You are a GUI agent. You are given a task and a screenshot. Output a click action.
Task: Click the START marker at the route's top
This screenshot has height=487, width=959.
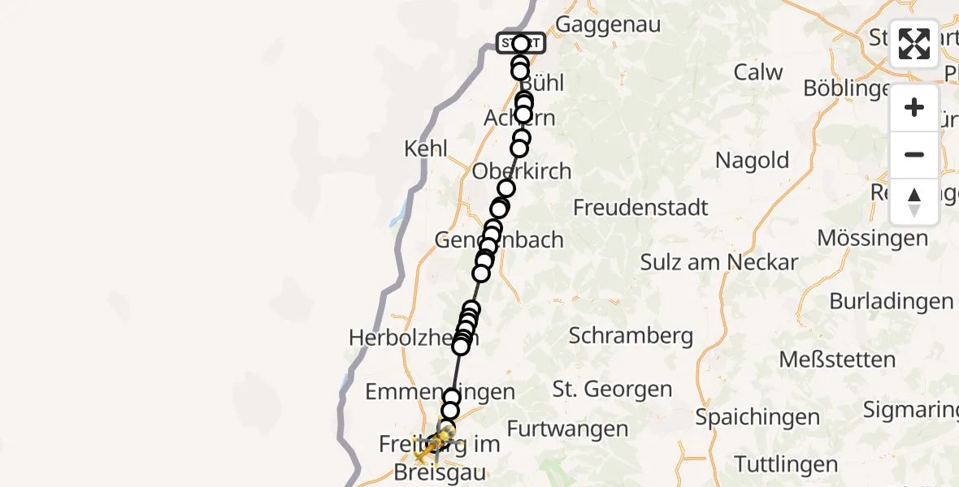click(521, 43)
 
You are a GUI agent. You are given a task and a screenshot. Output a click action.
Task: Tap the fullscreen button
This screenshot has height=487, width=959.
click(914, 44)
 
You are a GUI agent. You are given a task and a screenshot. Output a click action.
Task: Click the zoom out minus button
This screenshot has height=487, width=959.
click(914, 154)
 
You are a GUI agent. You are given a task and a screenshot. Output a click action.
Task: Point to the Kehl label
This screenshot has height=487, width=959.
click(425, 149)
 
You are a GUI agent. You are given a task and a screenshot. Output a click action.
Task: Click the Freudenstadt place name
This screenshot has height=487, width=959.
click(640, 208)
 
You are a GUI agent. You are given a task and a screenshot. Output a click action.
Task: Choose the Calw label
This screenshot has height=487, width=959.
click(758, 72)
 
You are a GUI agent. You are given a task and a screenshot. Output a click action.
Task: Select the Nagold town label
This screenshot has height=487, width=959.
click(752, 160)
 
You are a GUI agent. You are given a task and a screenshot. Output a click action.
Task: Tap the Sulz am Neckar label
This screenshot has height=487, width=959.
click(719, 262)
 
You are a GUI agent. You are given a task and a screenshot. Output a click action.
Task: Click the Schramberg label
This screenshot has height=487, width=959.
click(631, 335)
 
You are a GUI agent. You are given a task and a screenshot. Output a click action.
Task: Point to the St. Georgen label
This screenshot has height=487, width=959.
click(612, 390)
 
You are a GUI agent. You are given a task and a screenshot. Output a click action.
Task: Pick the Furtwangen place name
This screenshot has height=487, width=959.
click(567, 429)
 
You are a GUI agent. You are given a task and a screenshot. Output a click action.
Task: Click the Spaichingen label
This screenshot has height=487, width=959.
click(757, 417)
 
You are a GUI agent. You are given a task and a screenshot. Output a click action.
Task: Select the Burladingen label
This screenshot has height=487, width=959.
click(891, 301)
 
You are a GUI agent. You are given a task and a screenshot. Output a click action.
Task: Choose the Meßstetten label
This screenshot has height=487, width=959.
click(837, 359)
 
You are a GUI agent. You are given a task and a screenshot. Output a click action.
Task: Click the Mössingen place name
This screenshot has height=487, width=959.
click(872, 239)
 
